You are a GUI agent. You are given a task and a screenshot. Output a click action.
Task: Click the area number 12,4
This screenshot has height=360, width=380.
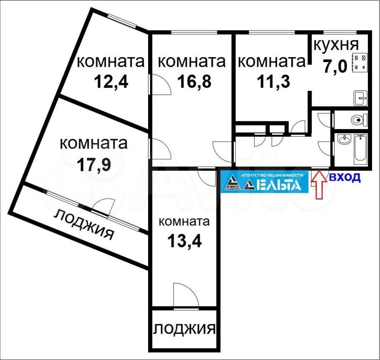[111, 82]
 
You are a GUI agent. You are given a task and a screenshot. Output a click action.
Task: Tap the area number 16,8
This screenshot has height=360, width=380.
[194, 82]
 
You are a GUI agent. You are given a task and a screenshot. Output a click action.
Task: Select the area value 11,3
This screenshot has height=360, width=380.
[273, 82]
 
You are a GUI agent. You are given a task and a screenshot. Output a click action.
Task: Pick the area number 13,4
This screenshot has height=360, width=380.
[185, 241]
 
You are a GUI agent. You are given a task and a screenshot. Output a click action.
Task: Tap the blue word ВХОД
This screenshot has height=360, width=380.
[345, 177]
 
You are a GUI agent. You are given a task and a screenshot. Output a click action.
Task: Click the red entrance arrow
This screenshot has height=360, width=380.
[320, 185]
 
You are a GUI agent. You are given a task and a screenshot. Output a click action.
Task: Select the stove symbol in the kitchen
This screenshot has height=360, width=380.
[360, 62]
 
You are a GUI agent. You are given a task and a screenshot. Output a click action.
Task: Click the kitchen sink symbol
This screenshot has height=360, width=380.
[361, 98]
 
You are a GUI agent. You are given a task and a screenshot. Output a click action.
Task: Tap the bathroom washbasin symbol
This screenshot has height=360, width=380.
[344, 140]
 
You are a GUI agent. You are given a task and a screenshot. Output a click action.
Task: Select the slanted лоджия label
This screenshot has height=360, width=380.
[84, 225]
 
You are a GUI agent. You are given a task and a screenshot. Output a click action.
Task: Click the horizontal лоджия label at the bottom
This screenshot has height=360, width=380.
[185, 329]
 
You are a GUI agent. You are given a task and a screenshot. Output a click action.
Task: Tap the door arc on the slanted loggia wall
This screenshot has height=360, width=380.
[104, 206]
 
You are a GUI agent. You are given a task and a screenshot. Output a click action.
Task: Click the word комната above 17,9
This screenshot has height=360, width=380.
[93, 143]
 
